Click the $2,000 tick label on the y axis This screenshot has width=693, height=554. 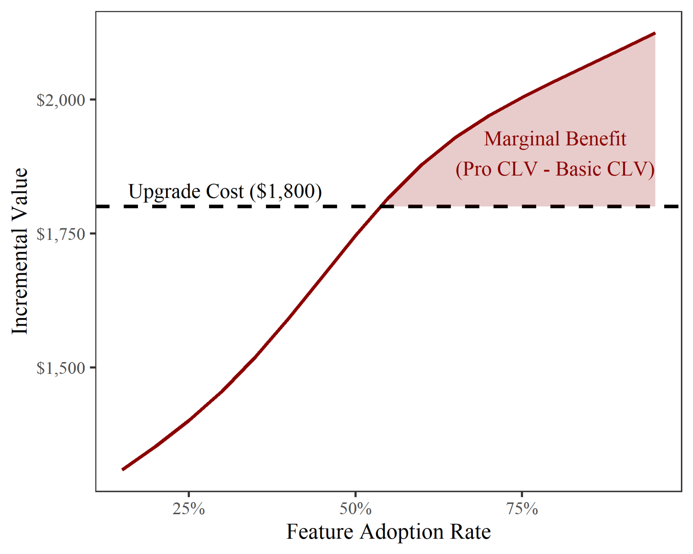coord(61,100)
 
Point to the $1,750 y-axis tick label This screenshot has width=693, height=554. coord(61,235)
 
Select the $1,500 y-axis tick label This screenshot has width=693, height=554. coord(61,368)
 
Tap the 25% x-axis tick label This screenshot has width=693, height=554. coord(189,509)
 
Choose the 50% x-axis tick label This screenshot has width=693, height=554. coord(355,509)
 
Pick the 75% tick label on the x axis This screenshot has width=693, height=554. coord(522,509)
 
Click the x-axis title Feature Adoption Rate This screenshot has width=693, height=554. coord(388,532)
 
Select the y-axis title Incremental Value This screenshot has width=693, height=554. coord(20,251)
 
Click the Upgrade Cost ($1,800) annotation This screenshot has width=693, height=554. coord(225,191)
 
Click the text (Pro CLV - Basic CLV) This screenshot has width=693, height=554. coord(555,169)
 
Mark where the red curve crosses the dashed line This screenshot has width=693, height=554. coord(381,206)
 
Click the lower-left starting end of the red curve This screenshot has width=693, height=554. coord(123,469)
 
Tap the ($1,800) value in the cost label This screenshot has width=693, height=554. coord(286,191)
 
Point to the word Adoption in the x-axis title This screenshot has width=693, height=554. coord(401,532)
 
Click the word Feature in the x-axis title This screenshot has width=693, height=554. coord(320,532)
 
